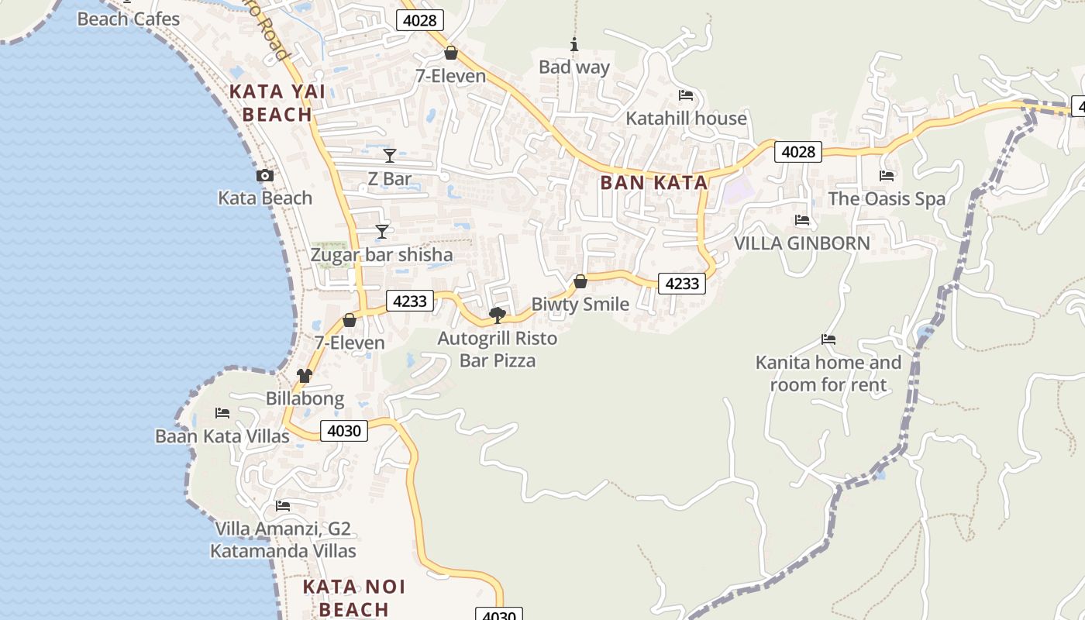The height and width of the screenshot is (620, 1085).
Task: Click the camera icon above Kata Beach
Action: point(265,176)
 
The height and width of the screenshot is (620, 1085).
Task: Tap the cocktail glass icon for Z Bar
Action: point(390,156)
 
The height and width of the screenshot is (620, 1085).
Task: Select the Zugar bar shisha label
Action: point(381,255)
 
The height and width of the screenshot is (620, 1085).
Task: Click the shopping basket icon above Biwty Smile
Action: point(580,281)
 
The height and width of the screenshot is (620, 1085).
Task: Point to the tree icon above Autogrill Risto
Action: point(498,315)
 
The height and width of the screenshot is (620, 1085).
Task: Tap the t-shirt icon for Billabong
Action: point(304,377)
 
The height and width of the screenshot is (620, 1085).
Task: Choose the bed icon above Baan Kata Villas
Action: point(222,413)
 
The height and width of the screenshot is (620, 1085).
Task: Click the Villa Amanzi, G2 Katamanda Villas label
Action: point(283,540)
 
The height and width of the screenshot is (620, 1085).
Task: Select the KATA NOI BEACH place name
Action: point(354,598)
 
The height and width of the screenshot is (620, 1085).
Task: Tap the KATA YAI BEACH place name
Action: point(270,103)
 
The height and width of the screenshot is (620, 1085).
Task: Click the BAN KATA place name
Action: point(654,183)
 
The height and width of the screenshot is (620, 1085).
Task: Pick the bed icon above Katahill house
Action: point(686,95)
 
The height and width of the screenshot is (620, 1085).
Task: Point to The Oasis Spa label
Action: point(887,199)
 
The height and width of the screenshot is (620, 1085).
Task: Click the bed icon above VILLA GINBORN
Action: point(802,221)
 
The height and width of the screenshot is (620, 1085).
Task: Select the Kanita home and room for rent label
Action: point(828,374)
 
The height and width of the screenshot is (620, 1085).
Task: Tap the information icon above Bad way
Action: point(574,45)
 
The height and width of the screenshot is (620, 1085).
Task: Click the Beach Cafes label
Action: point(129,19)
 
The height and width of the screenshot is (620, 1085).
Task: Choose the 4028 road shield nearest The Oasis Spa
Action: point(798,152)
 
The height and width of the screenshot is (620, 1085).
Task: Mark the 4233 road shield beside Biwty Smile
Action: point(682,284)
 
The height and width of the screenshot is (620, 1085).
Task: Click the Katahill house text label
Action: point(686,119)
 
